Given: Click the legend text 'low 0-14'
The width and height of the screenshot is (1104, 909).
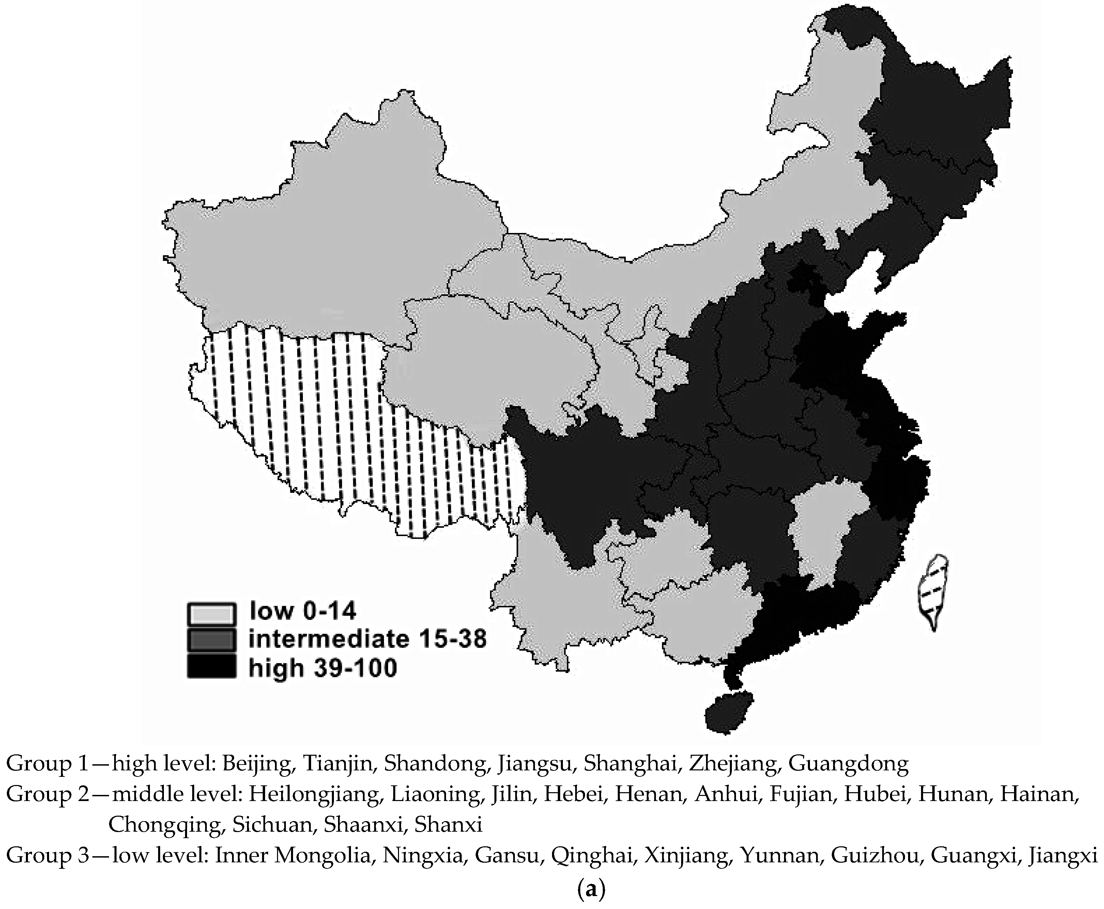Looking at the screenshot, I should (303, 611).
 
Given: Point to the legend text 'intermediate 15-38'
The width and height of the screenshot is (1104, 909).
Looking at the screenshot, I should (367, 639).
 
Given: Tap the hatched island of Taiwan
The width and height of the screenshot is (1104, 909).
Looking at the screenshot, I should (934, 591).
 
